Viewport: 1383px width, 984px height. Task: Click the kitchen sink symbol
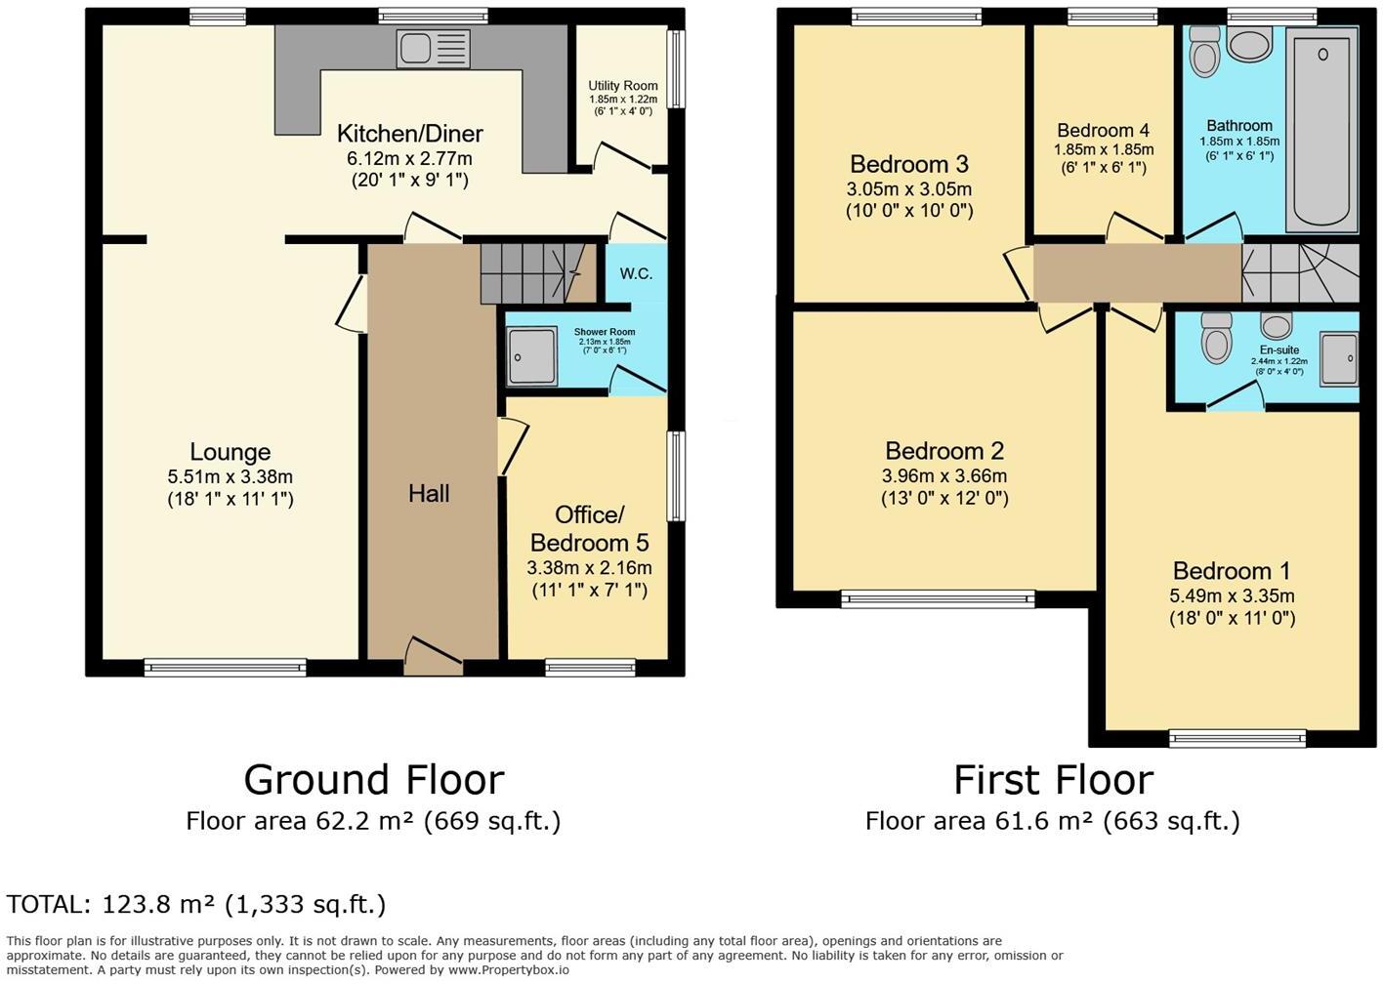pos(433,49)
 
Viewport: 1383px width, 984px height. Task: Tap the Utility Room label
pos(622,86)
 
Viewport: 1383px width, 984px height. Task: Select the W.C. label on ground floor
pos(636,273)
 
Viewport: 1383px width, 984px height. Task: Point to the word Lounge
pos(230,452)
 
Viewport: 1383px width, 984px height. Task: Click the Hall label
pos(429,494)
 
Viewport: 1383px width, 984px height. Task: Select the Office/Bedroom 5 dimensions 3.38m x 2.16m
pos(589,567)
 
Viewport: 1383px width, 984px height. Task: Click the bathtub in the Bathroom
pos(1321,129)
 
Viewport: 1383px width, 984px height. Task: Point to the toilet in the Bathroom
pos(1205,52)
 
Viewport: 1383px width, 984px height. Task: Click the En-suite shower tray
pos(1339,357)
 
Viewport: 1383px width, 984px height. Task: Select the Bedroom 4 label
pos(1103,131)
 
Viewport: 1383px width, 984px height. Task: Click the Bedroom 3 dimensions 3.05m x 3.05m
pos(910,189)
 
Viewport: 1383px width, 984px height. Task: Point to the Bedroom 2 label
pos(943,451)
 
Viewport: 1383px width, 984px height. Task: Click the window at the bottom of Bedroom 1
pos(1237,739)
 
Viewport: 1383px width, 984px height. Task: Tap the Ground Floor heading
pos(373,780)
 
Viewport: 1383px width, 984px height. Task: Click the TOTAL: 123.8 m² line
pos(196,904)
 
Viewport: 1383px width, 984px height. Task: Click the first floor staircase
pos(1299,272)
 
